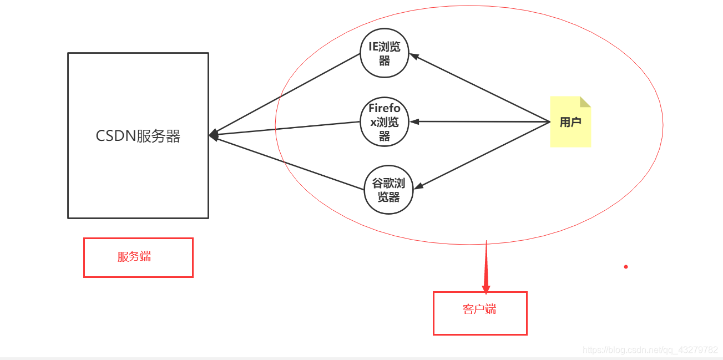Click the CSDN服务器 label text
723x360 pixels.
click(138, 136)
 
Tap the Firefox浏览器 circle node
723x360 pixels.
click(385, 122)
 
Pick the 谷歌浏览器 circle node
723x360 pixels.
click(388, 190)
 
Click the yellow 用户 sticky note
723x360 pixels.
click(570, 123)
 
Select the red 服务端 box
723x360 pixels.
click(138, 257)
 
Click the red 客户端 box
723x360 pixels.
click(479, 313)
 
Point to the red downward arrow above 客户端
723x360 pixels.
click(486, 272)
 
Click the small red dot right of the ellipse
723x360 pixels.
click(626, 267)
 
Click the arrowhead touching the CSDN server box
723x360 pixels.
click(213, 134)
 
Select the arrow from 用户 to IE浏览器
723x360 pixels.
click(481, 88)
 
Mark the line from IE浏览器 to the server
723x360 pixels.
click(286, 94)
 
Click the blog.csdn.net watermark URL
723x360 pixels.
click(650, 350)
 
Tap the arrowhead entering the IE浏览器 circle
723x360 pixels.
click(414, 55)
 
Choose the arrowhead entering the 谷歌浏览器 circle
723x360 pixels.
click(417, 186)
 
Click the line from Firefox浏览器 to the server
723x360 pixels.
click(286, 128)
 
